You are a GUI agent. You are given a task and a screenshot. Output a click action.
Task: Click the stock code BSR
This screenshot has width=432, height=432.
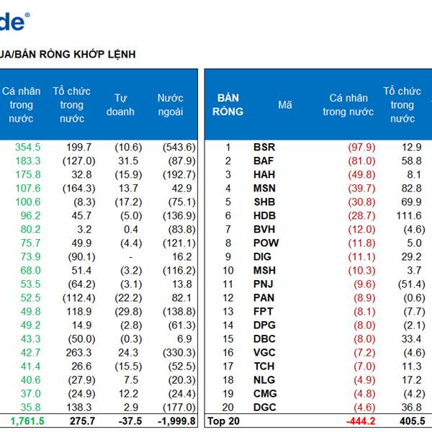264,147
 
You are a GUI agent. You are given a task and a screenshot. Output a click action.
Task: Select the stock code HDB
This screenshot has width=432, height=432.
264,215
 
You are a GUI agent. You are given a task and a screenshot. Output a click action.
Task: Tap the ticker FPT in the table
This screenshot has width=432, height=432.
264,311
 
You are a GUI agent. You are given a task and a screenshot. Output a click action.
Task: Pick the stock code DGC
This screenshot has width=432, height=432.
264,407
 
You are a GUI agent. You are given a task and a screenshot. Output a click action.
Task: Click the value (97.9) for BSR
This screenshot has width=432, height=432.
361,147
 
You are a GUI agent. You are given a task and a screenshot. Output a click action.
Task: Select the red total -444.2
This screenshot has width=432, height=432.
360,421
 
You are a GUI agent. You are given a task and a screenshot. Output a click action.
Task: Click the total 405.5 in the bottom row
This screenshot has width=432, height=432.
410,421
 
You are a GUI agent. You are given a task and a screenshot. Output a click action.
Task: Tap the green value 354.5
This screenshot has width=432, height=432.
27,147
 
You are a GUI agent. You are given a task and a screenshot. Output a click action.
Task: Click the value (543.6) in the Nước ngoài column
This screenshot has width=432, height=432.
178,147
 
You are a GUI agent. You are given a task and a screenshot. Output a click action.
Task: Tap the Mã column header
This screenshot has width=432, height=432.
285,104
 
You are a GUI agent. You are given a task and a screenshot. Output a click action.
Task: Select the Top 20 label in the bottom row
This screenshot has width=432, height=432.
222,421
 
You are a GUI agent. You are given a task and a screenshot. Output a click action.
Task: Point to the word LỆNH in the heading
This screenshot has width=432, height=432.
120,54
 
